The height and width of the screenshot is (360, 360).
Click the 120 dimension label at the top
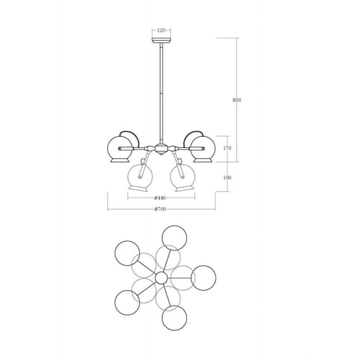pyautogui.click(x=161, y=30)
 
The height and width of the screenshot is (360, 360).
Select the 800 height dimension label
pyautogui.click(x=237, y=100)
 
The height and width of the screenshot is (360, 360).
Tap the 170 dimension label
pyautogui.click(x=227, y=148)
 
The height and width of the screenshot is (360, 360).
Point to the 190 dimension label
pyautogui.click(x=227, y=177)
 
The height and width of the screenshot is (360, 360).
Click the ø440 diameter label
pyautogui.click(x=160, y=198)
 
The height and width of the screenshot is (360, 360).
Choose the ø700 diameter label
pyautogui.click(x=160, y=209)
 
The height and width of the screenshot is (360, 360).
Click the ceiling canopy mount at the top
pyautogui.click(x=161, y=40)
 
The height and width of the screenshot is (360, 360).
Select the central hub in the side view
pyautogui.click(x=161, y=148)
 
